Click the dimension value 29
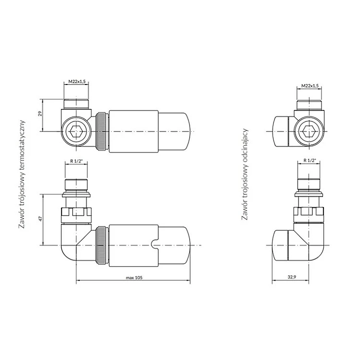[40, 113]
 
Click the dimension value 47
[41, 218]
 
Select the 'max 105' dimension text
[134, 277]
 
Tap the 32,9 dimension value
[292, 277]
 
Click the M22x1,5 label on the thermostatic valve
[77, 82]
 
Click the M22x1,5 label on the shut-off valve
[310, 85]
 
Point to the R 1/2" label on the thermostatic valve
[76, 161]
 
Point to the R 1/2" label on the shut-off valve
[310, 160]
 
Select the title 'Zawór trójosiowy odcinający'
[245, 174]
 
